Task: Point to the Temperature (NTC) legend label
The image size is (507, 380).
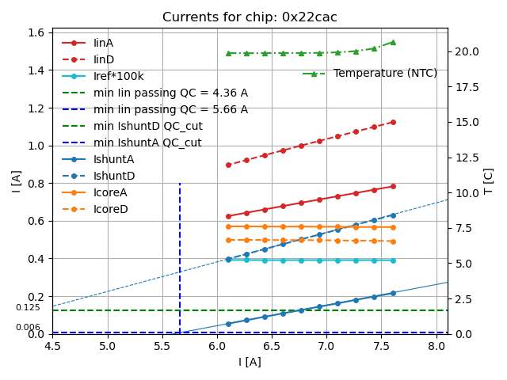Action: pos(385,73)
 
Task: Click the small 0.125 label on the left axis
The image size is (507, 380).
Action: pos(28,307)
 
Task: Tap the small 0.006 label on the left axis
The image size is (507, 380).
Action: pos(28,327)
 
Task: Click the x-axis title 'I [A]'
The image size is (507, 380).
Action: pos(250,362)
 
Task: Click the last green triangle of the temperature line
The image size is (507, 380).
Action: pos(393,42)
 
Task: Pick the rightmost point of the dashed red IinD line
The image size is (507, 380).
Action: pos(393,122)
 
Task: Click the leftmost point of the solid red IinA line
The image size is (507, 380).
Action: pos(228,216)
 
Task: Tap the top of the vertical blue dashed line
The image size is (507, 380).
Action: pos(180,184)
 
